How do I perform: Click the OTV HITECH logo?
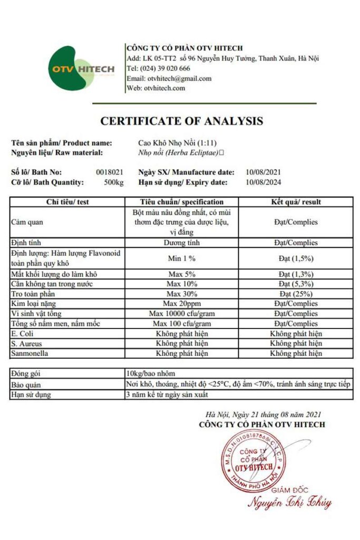click(82, 70)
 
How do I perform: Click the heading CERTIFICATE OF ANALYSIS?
click(181, 121)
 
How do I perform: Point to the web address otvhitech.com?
click(164, 88)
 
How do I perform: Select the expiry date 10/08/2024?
click(263, 182)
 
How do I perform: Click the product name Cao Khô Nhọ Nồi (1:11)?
click(174, 143)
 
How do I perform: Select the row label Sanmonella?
click(30, 353)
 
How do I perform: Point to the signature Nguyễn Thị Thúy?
click(289, 502)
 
